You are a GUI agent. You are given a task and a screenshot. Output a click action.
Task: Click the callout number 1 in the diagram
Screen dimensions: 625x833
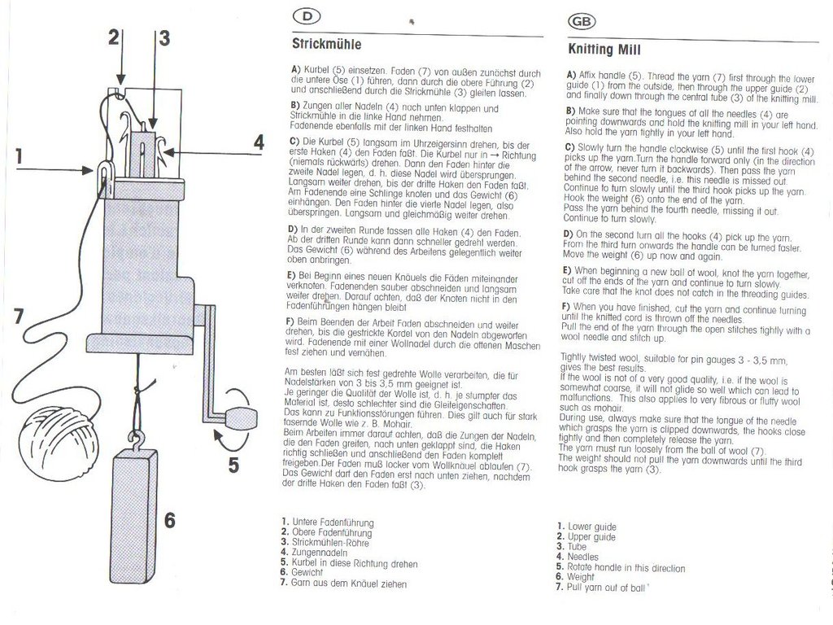pyautogui.click(x=18, y=155)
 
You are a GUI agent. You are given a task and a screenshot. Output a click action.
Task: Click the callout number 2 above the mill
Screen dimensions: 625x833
pyautogui.click(x=115, y=36)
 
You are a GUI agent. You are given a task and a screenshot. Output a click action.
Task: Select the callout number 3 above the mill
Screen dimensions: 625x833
pyautogui.click(x=164, y=37)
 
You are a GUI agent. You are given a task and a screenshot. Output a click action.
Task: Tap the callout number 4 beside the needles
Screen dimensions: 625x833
pyautogui.click(x=258, y=142)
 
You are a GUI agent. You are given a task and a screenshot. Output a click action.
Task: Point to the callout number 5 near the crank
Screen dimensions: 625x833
pyautogui.click(x=233, y=465)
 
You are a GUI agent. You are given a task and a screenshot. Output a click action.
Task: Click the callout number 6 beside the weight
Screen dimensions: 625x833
pyautogui.click(x=168, y=519)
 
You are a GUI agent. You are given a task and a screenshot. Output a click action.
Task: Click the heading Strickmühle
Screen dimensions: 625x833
pyautogui.click(x=326, y=44)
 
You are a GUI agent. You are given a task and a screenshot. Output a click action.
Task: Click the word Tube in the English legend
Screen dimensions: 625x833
pyautogui.click(x=577, y=547)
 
